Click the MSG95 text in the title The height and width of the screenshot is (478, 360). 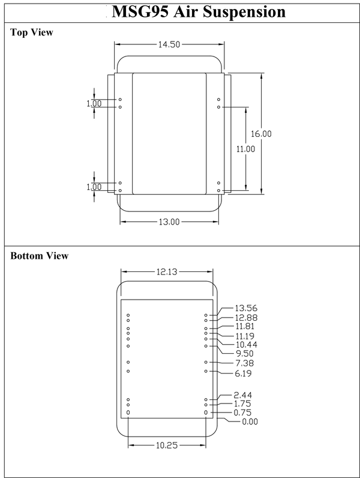135,12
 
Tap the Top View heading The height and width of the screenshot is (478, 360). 32,32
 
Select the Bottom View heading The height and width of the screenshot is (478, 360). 40,256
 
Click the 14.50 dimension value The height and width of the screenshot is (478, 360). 170,44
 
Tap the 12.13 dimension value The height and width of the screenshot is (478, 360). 167,272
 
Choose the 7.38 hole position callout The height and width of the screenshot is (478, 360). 245,364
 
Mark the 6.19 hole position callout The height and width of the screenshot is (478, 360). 245,374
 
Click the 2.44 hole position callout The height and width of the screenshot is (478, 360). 245,395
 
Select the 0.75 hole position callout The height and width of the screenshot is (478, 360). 245,413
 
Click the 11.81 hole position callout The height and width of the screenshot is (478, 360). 245,326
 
